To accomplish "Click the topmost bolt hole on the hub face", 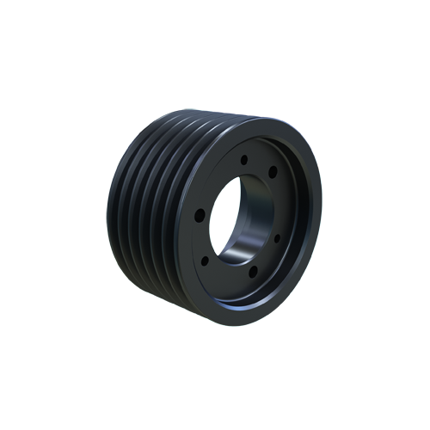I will (x=245, y=158).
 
